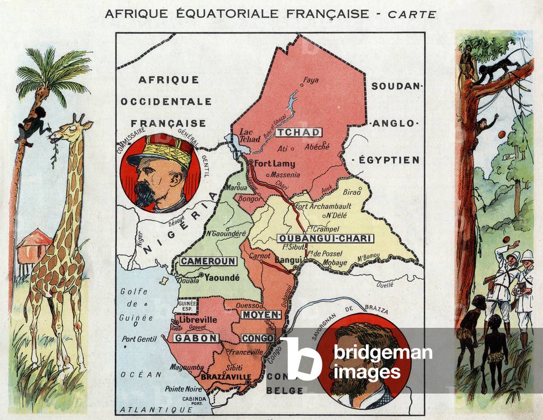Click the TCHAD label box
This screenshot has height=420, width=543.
click(x=299, y=132)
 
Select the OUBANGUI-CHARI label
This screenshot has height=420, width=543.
click(x=325, y=238)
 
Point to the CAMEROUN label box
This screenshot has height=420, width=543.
click(x=201, y=261)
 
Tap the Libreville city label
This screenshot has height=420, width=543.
click(x=198, y=320)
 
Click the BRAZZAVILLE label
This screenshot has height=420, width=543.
click(x=226, y=377)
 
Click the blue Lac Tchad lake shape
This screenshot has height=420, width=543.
click(x=233, y=140)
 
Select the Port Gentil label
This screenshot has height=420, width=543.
click(x=139, y=339)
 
